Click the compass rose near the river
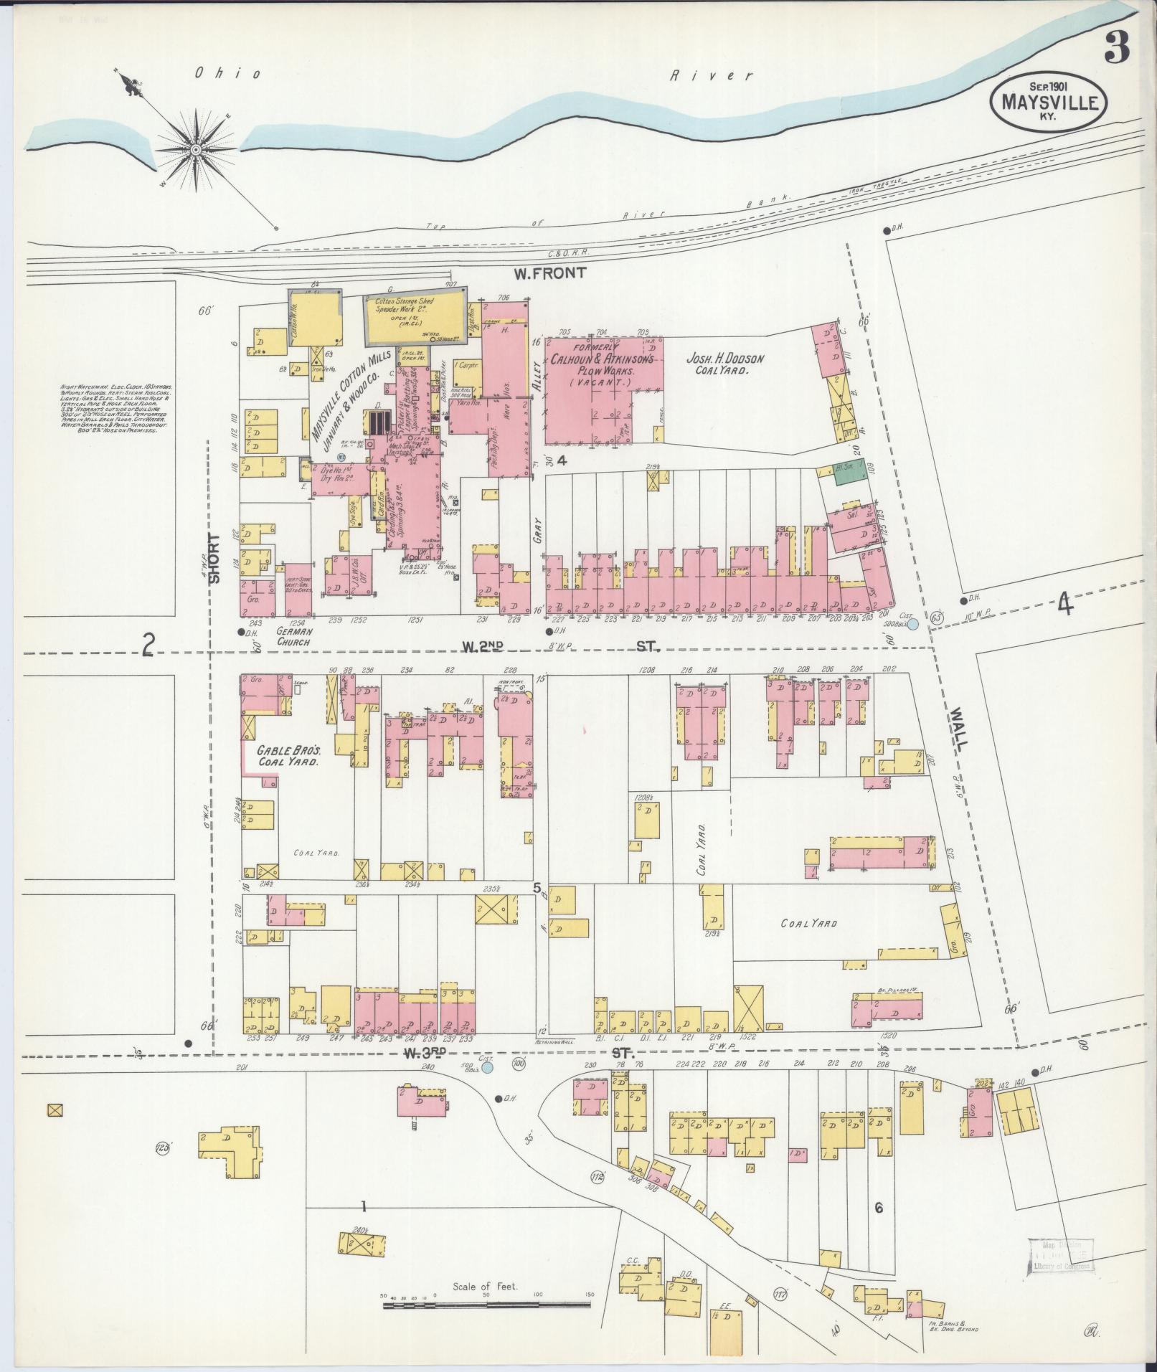[x=195, y=149]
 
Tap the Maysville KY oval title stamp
[x=1049, y=103]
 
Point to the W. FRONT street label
[x=550, y=273]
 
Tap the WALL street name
[x=958, y=727]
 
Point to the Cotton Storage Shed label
[x=406, y=308]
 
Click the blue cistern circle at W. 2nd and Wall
[x=913, y=625]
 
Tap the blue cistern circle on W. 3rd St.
[x=488, y=1068]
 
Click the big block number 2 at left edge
[x=148, y=647]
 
